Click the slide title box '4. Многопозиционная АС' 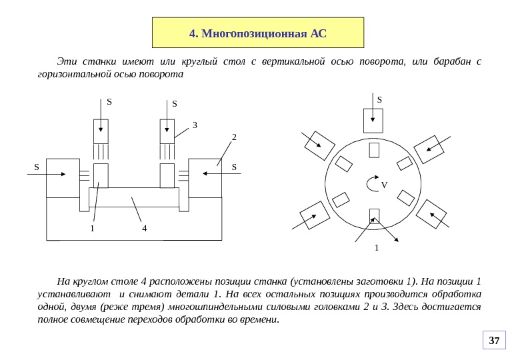(x=258, y=33)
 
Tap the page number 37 (x=494, y=341)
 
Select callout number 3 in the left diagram (x=195, y=125)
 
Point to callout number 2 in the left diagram (x=234, y=137)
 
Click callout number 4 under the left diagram (x=144, y=229)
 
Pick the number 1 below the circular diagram (x=377, y=247)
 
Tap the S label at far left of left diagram (x=37, y=167)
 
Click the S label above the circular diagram (x=379, y=100)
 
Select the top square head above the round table (x=373, y=120)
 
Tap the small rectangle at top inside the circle (x=374, y=150)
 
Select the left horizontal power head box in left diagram (x=63, y=177)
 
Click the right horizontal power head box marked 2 (x=205, y=177)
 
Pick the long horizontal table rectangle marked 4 (x=134, y=198)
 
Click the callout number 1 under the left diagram (x=93, y=229)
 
